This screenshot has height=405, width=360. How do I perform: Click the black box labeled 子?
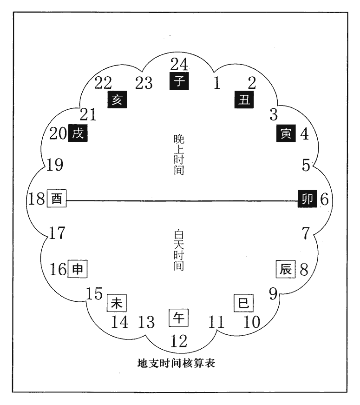tap(179, 81)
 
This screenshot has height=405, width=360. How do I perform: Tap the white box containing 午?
tap(178, 318)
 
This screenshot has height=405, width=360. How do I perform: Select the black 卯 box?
tap(308, 199)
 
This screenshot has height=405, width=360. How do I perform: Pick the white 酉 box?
tap(57, 199)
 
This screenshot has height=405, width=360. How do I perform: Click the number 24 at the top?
tap(179, 64)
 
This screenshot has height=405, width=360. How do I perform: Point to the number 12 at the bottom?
tap(179, 341)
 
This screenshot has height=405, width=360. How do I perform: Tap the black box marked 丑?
tap(244, 100)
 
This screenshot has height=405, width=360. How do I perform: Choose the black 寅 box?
tap(286, 133)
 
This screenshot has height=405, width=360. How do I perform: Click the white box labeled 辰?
tap(286, 269)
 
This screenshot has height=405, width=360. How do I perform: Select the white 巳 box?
tap(243, 303)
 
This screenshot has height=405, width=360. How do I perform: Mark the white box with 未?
tap(117, 303)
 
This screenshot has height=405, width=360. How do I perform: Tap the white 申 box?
tap(78, 269)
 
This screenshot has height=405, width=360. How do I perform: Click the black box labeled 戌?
tap(78, 133)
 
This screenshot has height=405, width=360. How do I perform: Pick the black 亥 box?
tap(117, 100)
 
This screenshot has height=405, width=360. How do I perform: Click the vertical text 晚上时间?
tap(179, 154)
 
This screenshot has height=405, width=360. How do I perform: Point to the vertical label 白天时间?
tap(179, 250)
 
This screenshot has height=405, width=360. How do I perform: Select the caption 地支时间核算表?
tap(176, 363)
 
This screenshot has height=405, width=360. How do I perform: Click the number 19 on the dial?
tap(55, 165)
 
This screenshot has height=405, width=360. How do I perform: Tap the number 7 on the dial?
tap(306, 233)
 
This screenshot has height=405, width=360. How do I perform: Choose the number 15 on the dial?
tap(94, 294)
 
